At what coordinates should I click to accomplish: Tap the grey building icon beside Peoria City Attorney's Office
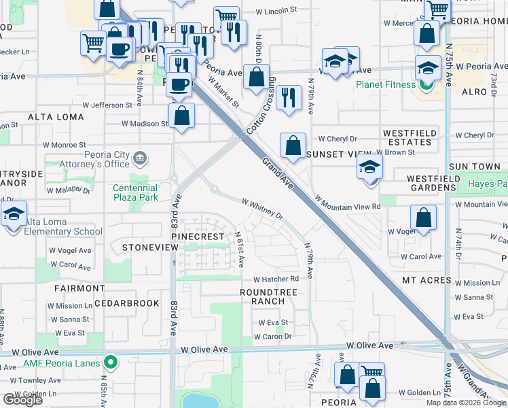(x=140, y=159)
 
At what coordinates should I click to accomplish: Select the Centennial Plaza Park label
(x=135, y=192)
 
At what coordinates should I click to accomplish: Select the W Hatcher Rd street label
(x=276, y=279)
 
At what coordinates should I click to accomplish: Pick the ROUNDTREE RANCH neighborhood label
(x=265, y=296)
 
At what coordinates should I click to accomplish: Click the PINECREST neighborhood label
(x=197, y=237)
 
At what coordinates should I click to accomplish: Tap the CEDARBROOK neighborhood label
(x=127, y=303)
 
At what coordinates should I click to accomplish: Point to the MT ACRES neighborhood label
(x=427, y=280)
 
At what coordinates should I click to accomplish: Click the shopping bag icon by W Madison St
(x=181, y=116)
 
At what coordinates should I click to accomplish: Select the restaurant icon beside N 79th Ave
(x=289, y=98)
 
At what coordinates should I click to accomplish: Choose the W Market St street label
(x=223, y=92)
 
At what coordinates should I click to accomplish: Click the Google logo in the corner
(x=22, y=400)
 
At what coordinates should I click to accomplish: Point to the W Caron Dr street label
(x=272, y=337)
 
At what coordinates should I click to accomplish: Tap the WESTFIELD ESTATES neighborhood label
(x=407, y=137)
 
